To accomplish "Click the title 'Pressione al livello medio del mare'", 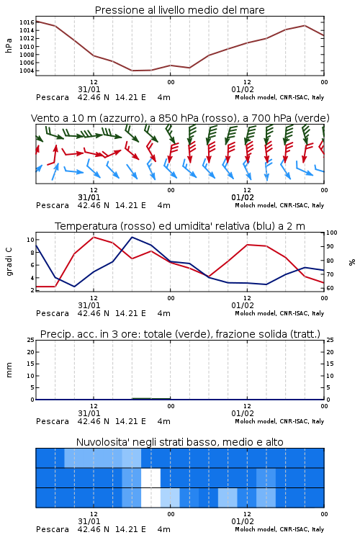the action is pyautogui.click(x=179, y=10).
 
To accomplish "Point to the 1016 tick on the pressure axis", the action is pyautogui.click(x=27, y=22).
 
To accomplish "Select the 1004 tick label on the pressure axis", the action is pyautogui.click(x=27, y=71).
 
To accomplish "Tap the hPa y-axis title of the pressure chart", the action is pyautogui.click(x=9, y=45).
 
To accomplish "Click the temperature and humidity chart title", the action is pyautogui.click(x=180, y=226).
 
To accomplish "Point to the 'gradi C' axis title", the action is pyautogui.click(x=9, y=262).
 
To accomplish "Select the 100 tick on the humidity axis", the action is pyautogui.click(x=332, y=233).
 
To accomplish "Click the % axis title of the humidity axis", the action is pyautogui.click(x=352, y=262).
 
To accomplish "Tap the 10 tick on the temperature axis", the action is pyautogui.click(x=30, y=240).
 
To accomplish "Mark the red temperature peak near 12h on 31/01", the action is pyautogui.click(x=94, y=237).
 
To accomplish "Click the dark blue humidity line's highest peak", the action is pyautogui.click(x=132, y=237).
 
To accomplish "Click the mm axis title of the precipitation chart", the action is pyautogui.click(x=9, y=370).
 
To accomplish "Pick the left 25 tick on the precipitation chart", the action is pyautogui.click(x=31, y=341).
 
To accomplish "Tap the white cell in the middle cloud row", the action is pyautogui.click(x=151, y=477).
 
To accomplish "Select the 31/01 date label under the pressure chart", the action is pyautogui.click(x=89, y=89).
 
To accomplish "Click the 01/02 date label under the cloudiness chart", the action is pyautogui.click(x=243, y=521).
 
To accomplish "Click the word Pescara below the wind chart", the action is pyautogui.click(x=53, y=205).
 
